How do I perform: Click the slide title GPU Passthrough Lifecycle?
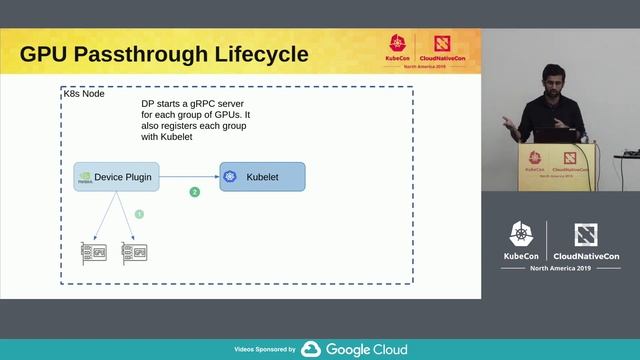[164, 54]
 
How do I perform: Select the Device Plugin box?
[116, 176]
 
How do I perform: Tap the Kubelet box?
[262, 176]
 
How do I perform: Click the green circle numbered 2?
[195, 191]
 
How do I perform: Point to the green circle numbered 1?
[139, 214]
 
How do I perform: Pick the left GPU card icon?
[93, 252]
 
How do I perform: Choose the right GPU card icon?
[134, 252]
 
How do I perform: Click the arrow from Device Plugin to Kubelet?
[190, 176]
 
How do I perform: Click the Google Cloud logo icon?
[310, 349]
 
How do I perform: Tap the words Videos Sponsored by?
[264, 350]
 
